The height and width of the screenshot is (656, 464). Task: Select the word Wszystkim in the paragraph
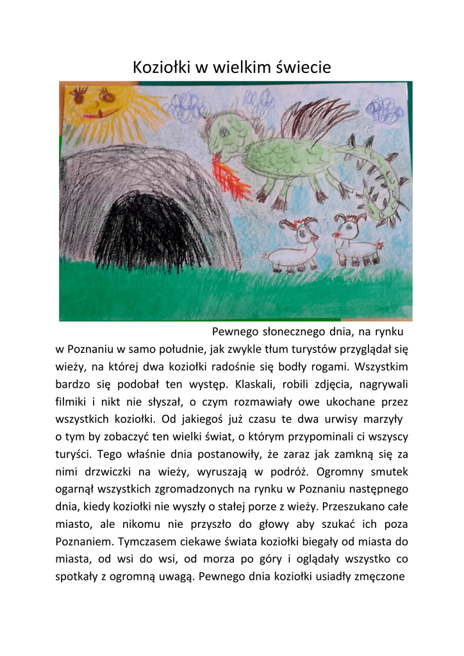point(381,367)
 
